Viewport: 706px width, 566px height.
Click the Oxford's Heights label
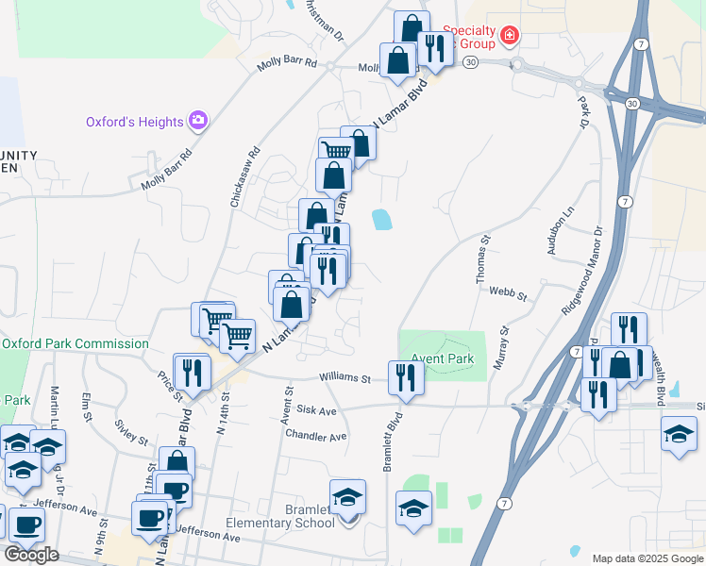[x=135, y=122]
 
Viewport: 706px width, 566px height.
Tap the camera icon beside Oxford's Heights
[x=197, y=121]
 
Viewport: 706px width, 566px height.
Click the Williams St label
[x=345, y=378]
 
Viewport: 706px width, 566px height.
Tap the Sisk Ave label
[x=316, y=411]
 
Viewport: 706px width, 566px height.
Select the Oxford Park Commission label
[x=75, y=344]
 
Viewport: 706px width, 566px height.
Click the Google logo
[x=31, y=556]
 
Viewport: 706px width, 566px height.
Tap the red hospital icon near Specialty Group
[x=510, y=37]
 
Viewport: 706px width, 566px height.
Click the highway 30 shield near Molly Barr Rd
[x=472, y=61]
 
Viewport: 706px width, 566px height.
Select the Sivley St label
[x=130, y=433]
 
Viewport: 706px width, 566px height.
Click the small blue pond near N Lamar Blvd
[x=382, y=219]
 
